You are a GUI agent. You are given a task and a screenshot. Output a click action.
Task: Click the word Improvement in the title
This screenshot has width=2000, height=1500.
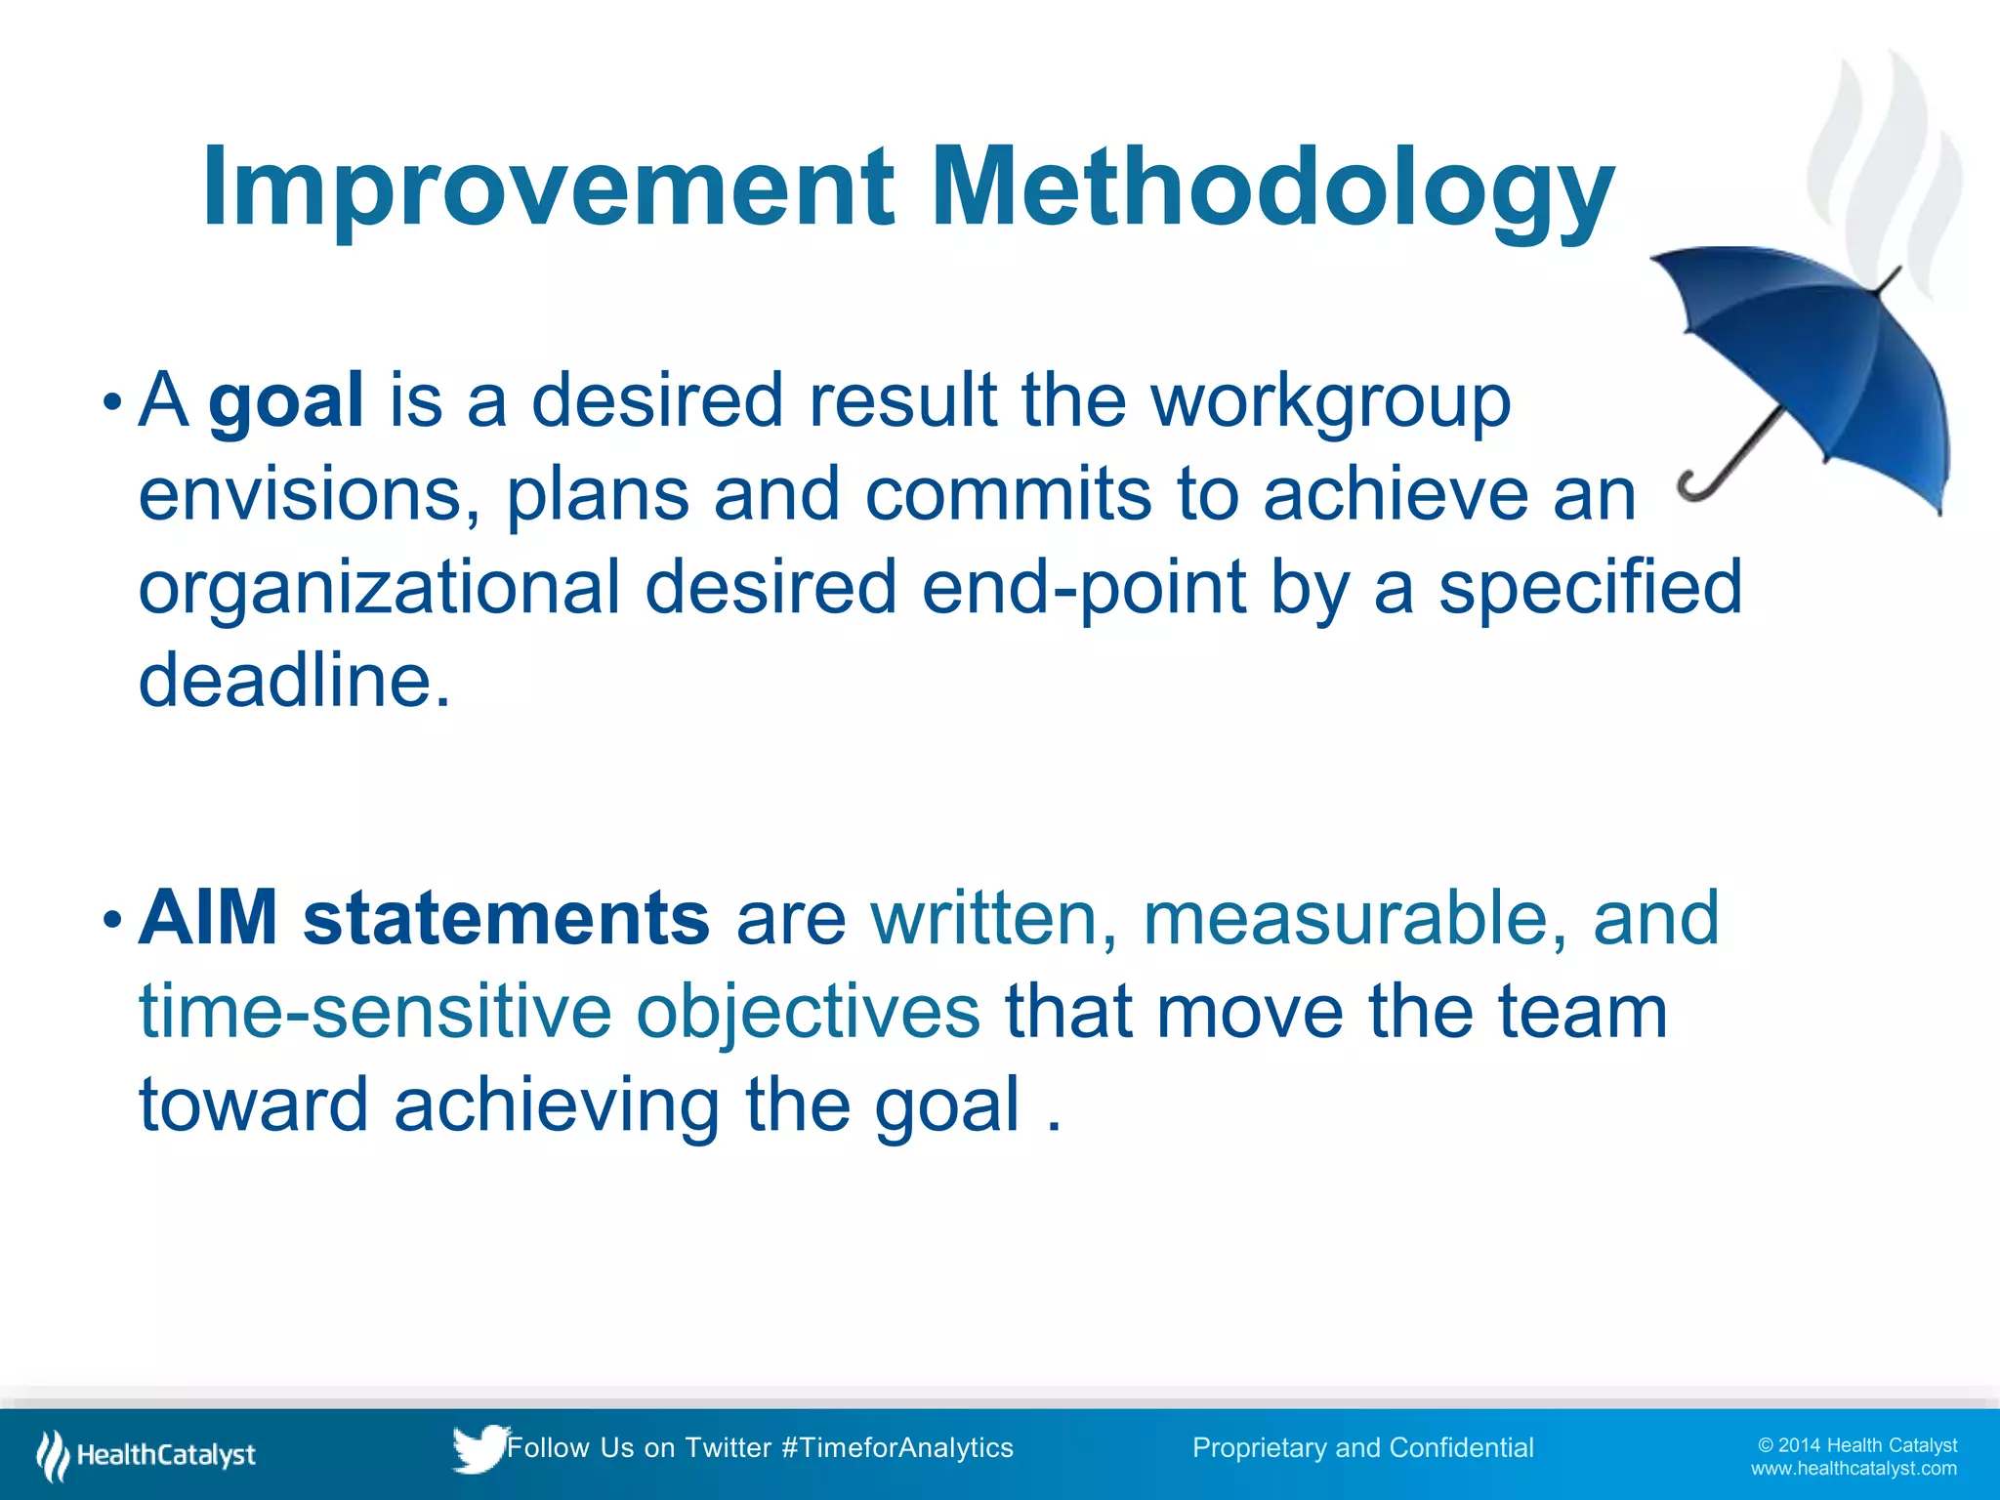tap(547, 187)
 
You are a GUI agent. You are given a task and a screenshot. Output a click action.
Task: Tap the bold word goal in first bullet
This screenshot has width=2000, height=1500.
tap(286, 400)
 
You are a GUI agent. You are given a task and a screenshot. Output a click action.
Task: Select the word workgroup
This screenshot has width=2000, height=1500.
tap(1330, 400)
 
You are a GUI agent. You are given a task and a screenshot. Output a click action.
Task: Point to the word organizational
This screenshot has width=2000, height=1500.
tap(379, 588)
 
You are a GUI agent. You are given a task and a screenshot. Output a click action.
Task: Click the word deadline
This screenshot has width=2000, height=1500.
tap(293, 681)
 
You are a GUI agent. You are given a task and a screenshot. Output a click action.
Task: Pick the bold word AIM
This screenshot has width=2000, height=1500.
tap(208, 918)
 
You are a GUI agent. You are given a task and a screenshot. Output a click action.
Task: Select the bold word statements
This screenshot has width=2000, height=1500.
tap(506, 918)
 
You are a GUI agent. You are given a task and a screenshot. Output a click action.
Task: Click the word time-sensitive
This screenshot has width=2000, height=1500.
tap(374, 1012)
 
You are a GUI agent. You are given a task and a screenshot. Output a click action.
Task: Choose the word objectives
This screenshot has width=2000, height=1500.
tap(808, 1012)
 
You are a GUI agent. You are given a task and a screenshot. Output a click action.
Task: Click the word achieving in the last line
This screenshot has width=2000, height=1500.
tap(557, 1104)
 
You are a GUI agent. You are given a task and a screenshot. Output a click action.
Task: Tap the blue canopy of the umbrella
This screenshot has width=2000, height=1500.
tap(1826, 361)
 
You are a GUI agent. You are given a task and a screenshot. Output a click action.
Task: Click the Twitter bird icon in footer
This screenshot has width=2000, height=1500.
tap(479, 1447)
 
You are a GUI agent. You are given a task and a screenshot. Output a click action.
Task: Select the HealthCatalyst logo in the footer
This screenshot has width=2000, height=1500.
tap(146, 1455)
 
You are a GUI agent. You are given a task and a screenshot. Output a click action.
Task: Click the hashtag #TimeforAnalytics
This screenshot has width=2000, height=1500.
tap(897, 1447)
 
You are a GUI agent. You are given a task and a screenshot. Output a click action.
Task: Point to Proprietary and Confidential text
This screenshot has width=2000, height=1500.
tap(1362, 1447)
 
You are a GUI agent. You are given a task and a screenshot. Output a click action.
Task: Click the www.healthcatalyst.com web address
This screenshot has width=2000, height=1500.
tap(1853, 1469)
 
